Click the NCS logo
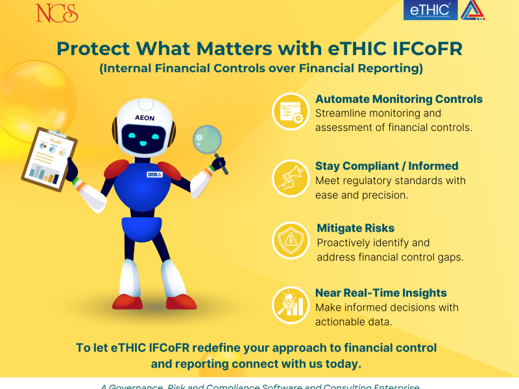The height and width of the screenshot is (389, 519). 57,12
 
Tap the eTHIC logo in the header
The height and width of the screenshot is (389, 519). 431,10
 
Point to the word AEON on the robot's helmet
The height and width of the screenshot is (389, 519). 144,117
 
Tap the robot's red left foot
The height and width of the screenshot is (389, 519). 127,301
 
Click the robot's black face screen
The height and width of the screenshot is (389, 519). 145,136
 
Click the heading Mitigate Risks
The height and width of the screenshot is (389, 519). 356,228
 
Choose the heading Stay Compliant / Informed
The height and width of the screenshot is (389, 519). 387,166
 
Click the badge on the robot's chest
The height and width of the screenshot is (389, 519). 154,174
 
